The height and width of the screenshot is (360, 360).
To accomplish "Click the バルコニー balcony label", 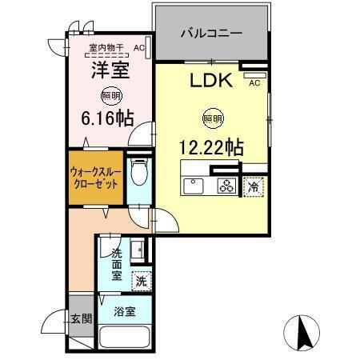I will point(210,34).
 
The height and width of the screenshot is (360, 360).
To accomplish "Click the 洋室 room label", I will point(109,70).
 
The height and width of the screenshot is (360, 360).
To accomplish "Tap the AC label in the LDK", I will point(254,82).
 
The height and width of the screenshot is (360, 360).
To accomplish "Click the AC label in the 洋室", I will point(139,48).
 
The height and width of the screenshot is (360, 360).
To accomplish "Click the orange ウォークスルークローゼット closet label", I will point(95,176).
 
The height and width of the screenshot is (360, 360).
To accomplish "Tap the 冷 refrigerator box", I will point(253,186).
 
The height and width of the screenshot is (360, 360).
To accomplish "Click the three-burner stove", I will point(226,186).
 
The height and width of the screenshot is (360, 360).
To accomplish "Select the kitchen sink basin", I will point(194,186).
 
